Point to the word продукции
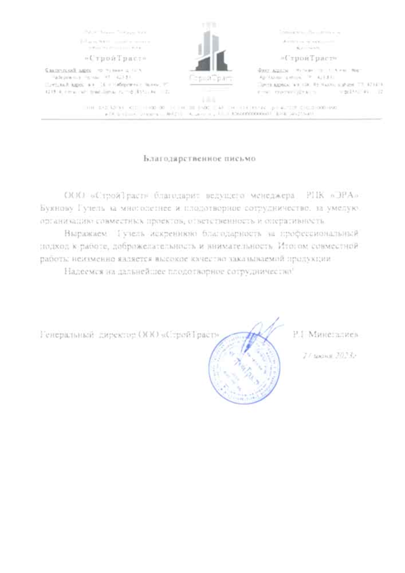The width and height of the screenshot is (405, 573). tap(311, 260)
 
